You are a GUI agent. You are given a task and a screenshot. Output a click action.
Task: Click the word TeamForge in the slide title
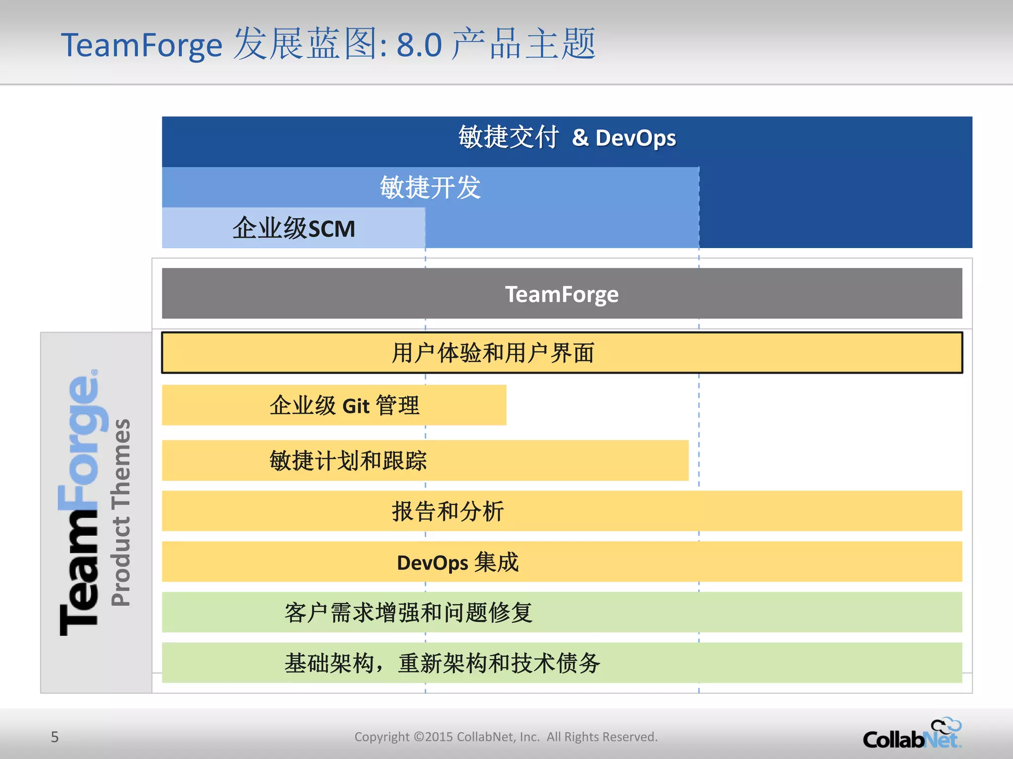click(141, 45)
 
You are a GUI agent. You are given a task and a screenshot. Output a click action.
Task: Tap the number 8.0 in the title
click(419, 45)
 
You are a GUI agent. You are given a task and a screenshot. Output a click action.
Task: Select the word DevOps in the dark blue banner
click(636, 138)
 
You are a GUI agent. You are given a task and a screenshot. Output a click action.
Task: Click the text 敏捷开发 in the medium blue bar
click(430, 188)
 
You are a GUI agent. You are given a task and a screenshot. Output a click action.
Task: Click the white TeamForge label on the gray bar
click(561, 295)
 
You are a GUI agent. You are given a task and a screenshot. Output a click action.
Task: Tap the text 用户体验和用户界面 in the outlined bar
click(493, 353)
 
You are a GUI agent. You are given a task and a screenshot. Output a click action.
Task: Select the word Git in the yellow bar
click(356, 407)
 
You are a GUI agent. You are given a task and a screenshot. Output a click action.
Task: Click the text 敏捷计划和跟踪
click(348, 461)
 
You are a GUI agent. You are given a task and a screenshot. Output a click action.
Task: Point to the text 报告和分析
click(448, 511)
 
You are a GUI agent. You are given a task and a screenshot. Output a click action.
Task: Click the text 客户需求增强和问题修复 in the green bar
click(408, 613)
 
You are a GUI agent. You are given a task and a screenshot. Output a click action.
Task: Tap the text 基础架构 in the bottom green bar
click(329, 664)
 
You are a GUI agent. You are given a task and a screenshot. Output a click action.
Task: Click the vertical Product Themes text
click(121, 512)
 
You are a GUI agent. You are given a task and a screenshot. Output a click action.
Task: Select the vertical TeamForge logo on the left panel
click(79, 502)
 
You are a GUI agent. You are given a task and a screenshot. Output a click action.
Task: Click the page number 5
click(55, 737)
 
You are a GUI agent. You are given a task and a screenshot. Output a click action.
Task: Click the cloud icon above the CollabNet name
click(946, 725)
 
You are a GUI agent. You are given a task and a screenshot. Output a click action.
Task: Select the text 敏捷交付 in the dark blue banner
click(508, 137)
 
